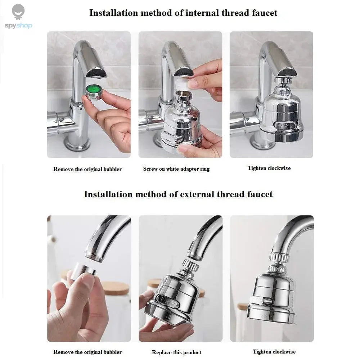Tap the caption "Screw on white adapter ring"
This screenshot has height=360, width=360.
click(176, 168)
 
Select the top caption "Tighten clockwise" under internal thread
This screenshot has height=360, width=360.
click(269, 168)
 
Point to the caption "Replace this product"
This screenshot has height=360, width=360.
click(176, 352)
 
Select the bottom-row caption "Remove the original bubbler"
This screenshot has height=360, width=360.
click(87, 352)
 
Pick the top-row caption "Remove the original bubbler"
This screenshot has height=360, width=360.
click(87, 169)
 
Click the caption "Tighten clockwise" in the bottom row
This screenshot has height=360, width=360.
click(274, 351)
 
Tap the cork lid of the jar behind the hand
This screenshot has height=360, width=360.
click(115, 288)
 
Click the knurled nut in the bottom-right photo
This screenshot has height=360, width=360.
click(279, 257)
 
